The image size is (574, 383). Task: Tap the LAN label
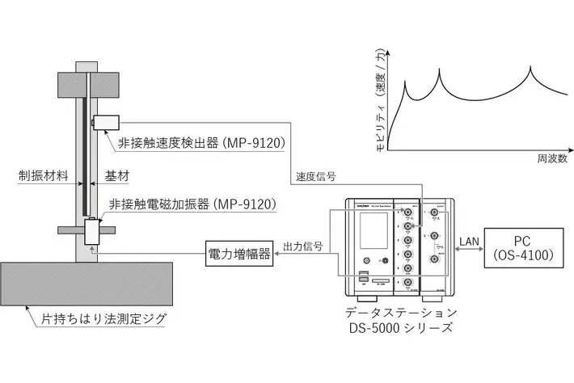pyautogui.click(x=468, y=240)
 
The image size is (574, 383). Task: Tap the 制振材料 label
pyautogui.click(x=42, y=175)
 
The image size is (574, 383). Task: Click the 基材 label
pyautogui.click(x=117, y=175)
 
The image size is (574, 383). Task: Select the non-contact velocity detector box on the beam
pyautogui.click(x=106, y=123)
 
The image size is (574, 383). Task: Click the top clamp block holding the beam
pyautogui.click(x=84, y=82)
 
